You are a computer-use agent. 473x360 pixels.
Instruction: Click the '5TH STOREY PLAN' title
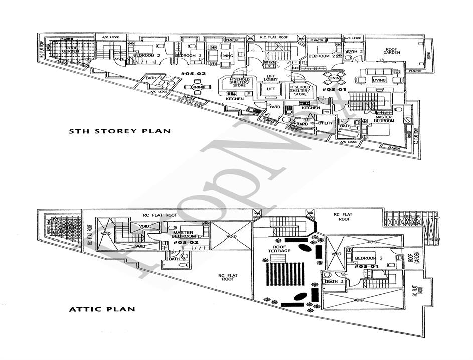[x=119, y=131]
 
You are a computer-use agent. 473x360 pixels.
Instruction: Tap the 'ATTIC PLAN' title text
[x=102, y=309]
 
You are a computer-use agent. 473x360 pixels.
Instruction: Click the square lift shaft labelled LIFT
[x=271, y=90]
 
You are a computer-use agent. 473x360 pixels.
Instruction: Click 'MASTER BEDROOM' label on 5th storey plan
[x=384, y=119]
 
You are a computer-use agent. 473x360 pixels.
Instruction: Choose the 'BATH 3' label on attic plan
[x=333, y=282]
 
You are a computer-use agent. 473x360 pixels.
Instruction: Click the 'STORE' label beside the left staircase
[x=119, y=59]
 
